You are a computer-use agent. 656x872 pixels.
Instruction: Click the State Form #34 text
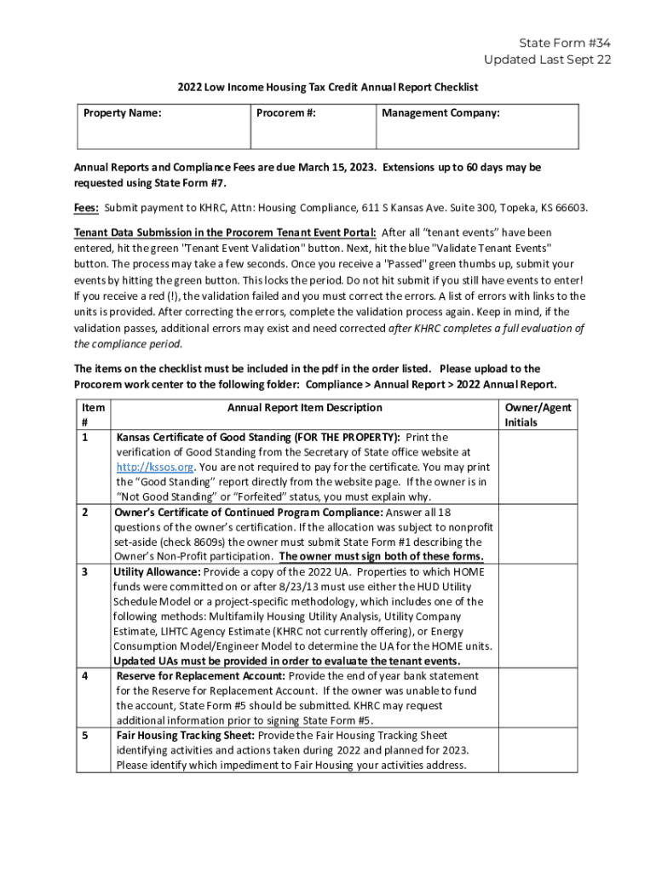click(566, 43)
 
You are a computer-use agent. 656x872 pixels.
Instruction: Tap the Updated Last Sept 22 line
click(547, 60)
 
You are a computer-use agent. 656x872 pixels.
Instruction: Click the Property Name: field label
click(122, 112)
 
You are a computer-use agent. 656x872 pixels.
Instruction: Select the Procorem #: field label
click(286, 112)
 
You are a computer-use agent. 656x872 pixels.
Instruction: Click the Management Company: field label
click(440, 112)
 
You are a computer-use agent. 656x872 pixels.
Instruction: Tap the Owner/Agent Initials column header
click(538, 415)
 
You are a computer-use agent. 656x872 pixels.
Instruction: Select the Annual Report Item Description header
click(304, 408)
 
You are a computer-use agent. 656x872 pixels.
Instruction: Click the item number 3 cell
click(84, 571)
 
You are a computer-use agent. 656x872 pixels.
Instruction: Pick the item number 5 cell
click(84, 735)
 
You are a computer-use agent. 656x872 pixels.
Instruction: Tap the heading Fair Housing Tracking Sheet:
click(186, 735)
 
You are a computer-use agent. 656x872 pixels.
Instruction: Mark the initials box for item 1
click(538, 467)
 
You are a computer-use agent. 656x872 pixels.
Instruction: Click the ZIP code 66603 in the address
click(569, 208)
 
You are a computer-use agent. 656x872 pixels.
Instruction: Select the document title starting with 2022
click(328, 87)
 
